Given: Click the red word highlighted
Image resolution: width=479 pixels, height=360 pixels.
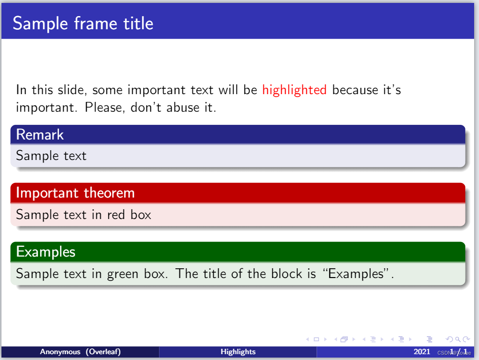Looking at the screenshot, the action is [x=295, y=90].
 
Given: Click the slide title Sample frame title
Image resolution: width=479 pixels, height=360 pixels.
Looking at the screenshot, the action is [x=83, y=23].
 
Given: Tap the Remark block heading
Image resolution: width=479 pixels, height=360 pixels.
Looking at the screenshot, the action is [x=40, y=135].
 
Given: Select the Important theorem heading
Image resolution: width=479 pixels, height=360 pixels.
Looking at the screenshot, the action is [x=75, y=193].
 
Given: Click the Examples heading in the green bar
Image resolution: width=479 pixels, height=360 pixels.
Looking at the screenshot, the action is [x=45, y=252].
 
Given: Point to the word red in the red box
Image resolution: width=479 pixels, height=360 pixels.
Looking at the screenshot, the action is [x=116, y=215].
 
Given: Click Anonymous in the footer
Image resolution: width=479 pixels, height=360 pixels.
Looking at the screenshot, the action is [x=60, y=352].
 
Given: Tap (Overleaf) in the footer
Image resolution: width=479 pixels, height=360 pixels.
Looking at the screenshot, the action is [x=103, y=352].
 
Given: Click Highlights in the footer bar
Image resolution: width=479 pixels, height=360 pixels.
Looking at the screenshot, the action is [x=238, y=352].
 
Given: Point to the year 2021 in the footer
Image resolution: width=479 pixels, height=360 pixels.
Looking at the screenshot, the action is [x=422, y=352].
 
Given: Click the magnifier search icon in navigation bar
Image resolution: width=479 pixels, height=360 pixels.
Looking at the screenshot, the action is [x=458, y=339].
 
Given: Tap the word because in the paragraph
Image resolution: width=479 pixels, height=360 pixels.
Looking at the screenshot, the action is [x=355, y=90].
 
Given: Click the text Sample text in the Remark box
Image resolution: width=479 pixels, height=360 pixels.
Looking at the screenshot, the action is [x=51, y=156].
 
